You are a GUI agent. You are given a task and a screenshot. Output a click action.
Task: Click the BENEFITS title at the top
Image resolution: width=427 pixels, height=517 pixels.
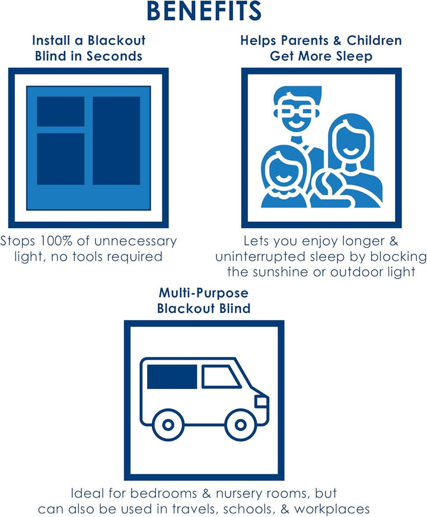(204, 11)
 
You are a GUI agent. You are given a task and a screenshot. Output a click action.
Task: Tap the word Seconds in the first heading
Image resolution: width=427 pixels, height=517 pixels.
(114, 56)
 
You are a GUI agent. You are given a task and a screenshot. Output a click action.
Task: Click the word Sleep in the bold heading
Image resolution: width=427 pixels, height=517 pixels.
(354, 56)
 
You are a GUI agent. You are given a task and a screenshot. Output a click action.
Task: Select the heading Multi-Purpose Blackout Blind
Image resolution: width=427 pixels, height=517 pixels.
(204, 301)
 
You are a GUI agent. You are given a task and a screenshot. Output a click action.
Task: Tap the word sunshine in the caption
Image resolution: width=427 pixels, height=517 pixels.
(281, 272)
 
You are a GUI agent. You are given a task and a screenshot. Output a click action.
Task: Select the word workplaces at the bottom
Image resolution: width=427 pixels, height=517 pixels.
(332, 509)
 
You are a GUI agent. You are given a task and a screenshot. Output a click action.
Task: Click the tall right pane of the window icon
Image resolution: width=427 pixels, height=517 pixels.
(116, 141)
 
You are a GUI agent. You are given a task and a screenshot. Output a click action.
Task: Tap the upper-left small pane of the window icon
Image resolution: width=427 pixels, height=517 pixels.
(60, 111)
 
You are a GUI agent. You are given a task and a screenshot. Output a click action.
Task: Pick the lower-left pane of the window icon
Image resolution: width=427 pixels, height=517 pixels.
(60, 159)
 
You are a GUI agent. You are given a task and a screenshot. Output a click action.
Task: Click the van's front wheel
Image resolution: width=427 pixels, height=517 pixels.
(240, 425)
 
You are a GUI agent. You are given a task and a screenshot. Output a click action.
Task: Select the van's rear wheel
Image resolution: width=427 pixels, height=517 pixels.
(168, 425)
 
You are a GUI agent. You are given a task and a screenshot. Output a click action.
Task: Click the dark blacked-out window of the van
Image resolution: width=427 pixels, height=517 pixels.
(172, 376)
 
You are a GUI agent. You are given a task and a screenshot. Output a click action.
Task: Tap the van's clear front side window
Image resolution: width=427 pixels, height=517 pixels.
(220, 376)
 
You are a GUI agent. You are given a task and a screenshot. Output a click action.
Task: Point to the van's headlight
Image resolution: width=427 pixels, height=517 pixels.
(262, 401)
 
